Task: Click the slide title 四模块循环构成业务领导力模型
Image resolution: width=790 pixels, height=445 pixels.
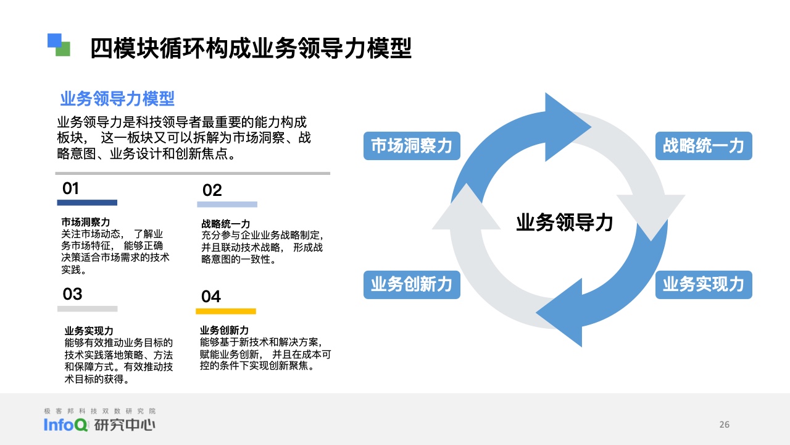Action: click(x=251, y=48)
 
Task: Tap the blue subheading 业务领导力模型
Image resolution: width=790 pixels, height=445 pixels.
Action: click(x=117, y=98)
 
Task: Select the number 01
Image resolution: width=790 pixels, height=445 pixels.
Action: click(x=70, y=189)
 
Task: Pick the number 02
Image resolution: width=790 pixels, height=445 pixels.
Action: click(x=212, y=190)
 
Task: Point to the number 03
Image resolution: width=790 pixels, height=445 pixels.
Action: click(x=72, y=294)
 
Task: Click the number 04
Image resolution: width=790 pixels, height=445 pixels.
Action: click(x=211, y=296)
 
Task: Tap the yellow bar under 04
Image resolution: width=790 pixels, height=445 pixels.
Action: click(x=226, y=311)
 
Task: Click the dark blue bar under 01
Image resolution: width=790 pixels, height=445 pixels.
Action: click(x=87, y=203)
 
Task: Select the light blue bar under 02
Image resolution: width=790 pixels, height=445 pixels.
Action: click(x=227, y=205)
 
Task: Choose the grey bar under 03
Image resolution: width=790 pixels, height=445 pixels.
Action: click(x=88, y=308)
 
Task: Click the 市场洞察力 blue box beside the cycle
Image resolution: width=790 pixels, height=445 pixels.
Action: click(x=412, y=146)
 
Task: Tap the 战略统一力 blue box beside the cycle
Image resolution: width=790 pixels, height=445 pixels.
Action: click(x=704, y=146)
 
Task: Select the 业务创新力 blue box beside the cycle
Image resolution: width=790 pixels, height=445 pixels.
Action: click(x=412, y=285)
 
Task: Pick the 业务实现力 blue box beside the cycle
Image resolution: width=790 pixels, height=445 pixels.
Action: click(x=704, y=285)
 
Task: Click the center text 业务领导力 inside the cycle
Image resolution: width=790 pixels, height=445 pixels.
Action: click(x=564, y=222)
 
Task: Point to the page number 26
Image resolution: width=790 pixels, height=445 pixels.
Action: click(x=725, y=425)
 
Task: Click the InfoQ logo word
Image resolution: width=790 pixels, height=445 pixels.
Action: click(x=65, y=425)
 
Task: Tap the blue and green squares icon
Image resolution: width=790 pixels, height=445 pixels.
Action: click(x=59, y=45)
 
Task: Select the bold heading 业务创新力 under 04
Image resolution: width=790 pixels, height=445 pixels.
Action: click(x=224, y=330)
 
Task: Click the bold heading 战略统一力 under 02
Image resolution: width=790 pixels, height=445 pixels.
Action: click(x=226, y=224)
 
